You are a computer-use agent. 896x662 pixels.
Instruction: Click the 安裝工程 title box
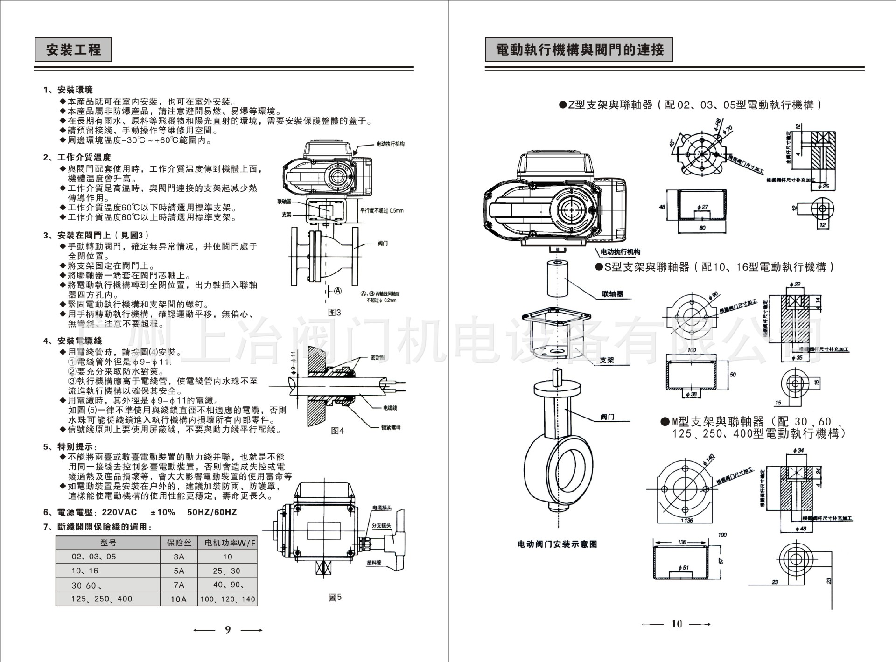click(x=73, y=49)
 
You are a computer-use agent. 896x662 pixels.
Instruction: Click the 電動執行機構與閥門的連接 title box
click(x=579, y=49)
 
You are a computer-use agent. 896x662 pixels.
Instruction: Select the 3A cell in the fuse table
click(x=179, y=557)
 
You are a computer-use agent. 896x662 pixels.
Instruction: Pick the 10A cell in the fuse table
click(x=179, y=599)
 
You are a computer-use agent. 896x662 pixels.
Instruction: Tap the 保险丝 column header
click(x=179, y=543)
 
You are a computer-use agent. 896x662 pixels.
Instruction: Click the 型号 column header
click(x=108, y=543)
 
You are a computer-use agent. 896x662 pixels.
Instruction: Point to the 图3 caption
click(x=335, y=313)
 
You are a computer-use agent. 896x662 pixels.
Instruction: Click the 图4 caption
click(x=337, y=431)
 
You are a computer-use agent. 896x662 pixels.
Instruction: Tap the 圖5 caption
click(x=335, y=597)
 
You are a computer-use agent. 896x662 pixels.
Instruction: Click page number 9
click(x=228, y=630)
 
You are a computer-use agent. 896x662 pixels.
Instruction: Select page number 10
click(x=676, y=624)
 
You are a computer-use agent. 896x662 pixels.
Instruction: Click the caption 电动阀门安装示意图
click(x=557, y=544)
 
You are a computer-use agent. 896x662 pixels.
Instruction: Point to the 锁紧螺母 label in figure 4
click(x=391, y=427)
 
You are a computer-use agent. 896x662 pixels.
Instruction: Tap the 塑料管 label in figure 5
click(x=374, y=563)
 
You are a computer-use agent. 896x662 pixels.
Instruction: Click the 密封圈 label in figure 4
click(x=378, y=357)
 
